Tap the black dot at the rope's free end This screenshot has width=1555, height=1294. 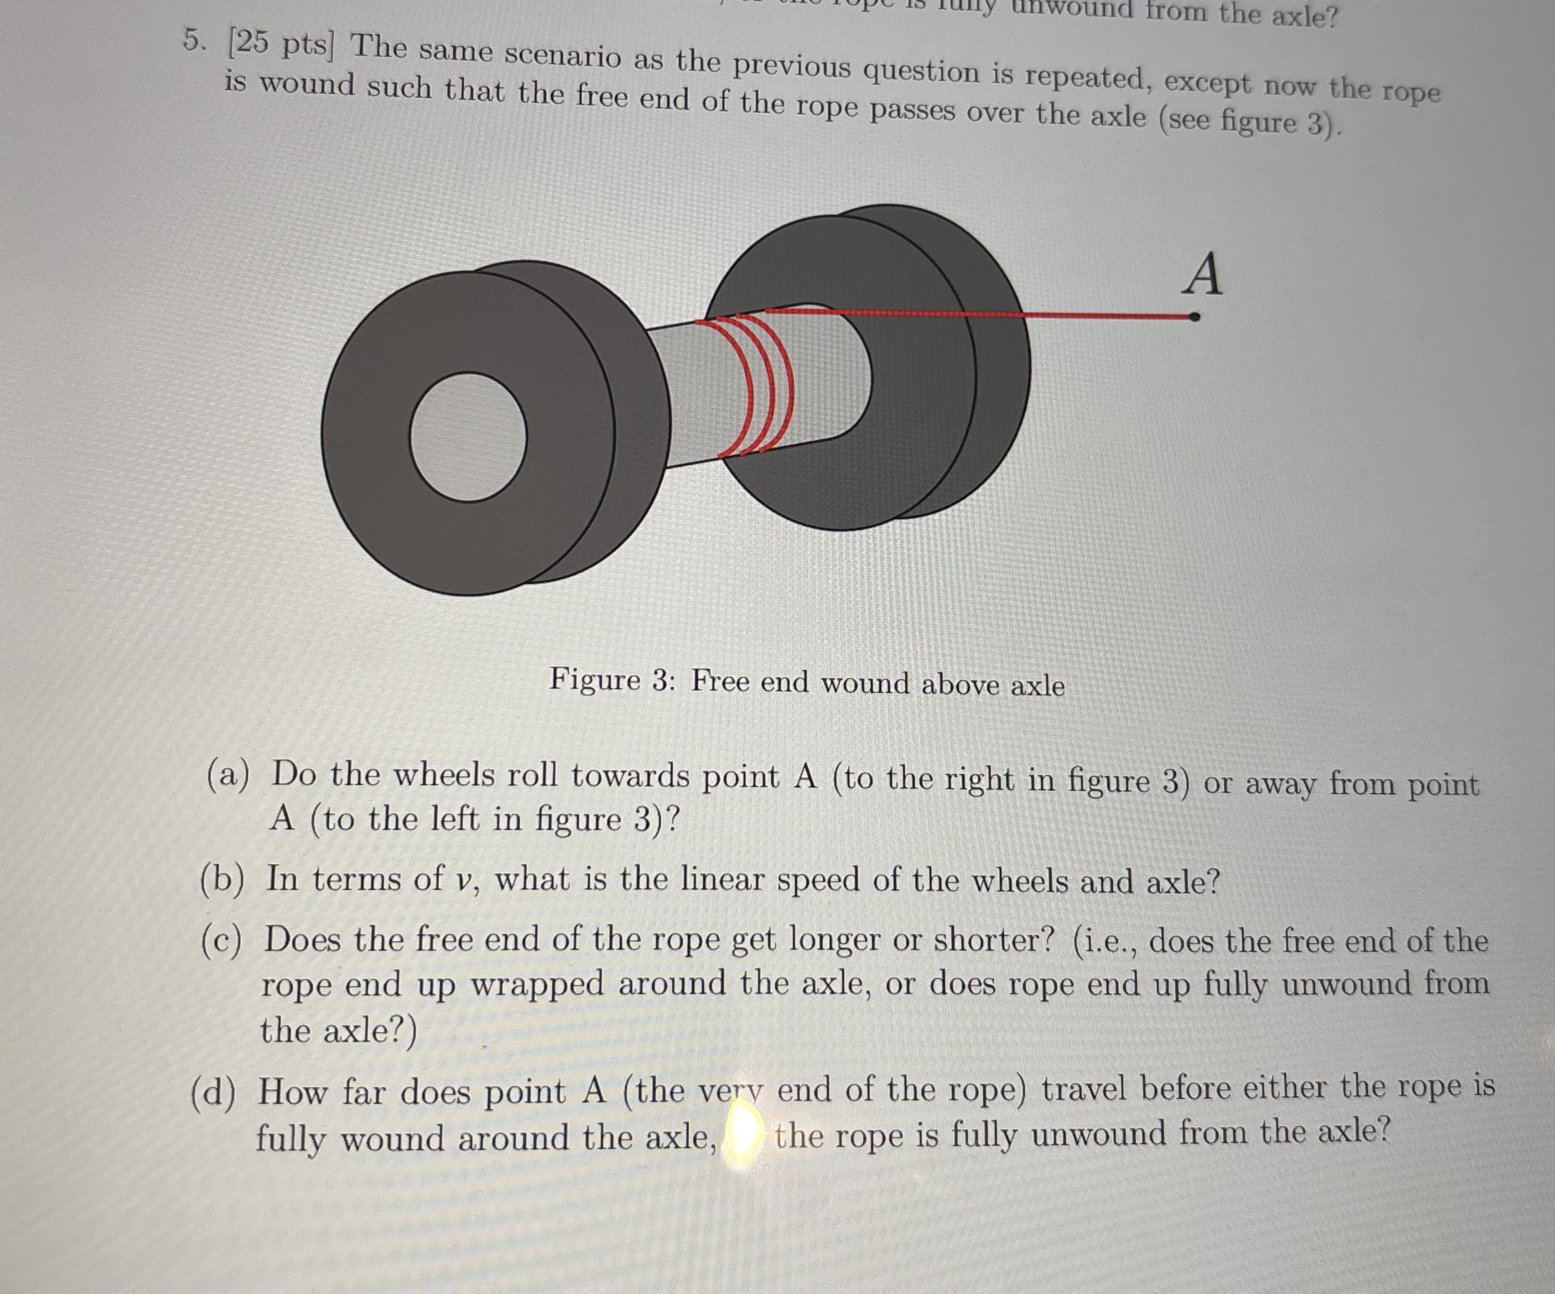1193,317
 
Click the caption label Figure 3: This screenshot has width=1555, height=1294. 612,680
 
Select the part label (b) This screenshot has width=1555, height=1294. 223,880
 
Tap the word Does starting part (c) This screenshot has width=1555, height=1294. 302,941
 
